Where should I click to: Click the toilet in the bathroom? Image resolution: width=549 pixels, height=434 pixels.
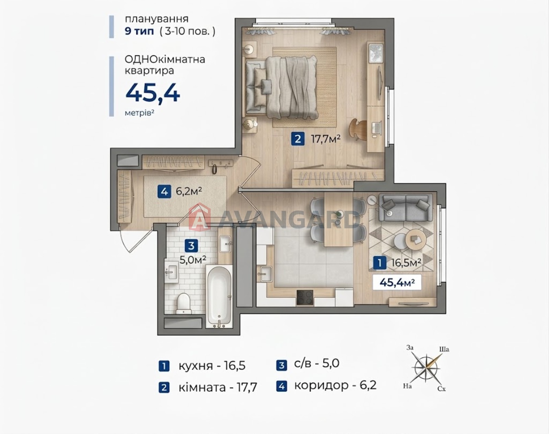pyautogui.click(x=184, y=303)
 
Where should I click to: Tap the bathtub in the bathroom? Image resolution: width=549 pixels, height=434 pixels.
pyautogui.click(x=219, y=297)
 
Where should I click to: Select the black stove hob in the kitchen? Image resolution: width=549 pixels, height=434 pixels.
pyautogui.click(x=305, y=298)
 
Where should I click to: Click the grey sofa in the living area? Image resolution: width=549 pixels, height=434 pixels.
pyautogui.click(x=405, y=207)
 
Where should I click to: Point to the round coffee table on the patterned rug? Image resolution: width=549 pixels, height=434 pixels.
pyautogui.click(x=416, y=239)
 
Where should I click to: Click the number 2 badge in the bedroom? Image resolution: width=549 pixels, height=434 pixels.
pyautogui.click(x=298, y=139)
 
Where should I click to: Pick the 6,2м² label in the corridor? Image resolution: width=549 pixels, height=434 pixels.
pyautogui.click(x=189, y=191)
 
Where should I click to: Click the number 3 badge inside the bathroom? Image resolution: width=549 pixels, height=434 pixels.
pyautogui.click(x=191, y=246)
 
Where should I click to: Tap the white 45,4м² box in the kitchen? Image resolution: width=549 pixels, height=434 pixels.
pyautogui.click(x=397, y=282)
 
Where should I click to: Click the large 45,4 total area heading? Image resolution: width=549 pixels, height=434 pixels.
pyautogui.click(x=153, y=93)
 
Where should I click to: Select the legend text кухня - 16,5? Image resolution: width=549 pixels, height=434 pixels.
pyautogui.click(x=212, y=366)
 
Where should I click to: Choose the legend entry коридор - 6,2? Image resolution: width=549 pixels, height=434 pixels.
pyautogui.click(x=335, y=385)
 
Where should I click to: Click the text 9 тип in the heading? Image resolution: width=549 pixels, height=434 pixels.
pyautogui.click(x=139, y=31)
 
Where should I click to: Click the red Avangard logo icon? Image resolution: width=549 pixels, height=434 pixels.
pyautogui.click(x=200, y=217)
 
